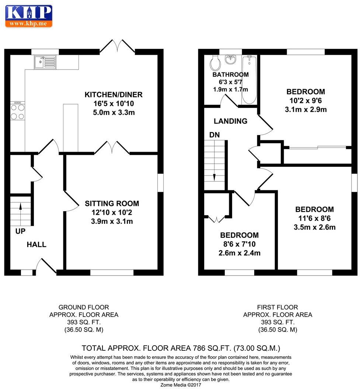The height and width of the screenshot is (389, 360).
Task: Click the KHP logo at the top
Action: pos(28,16)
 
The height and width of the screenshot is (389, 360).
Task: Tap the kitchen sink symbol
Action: pos(45,62)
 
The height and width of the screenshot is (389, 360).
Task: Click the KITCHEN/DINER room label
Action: pos(113,95)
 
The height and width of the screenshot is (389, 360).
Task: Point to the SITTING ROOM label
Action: pos(112,204)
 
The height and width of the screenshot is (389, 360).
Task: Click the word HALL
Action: pos(36,244)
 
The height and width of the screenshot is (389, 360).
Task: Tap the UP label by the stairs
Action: pos(20,231)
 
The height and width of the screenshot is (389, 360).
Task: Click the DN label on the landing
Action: pos(214,135)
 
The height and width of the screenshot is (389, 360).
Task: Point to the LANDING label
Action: pos(230,121)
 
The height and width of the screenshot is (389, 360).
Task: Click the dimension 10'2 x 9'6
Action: pos(305,100)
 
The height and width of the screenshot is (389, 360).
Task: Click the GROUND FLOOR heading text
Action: pos(84,307)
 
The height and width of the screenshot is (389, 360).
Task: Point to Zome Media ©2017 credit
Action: pos(181,385)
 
